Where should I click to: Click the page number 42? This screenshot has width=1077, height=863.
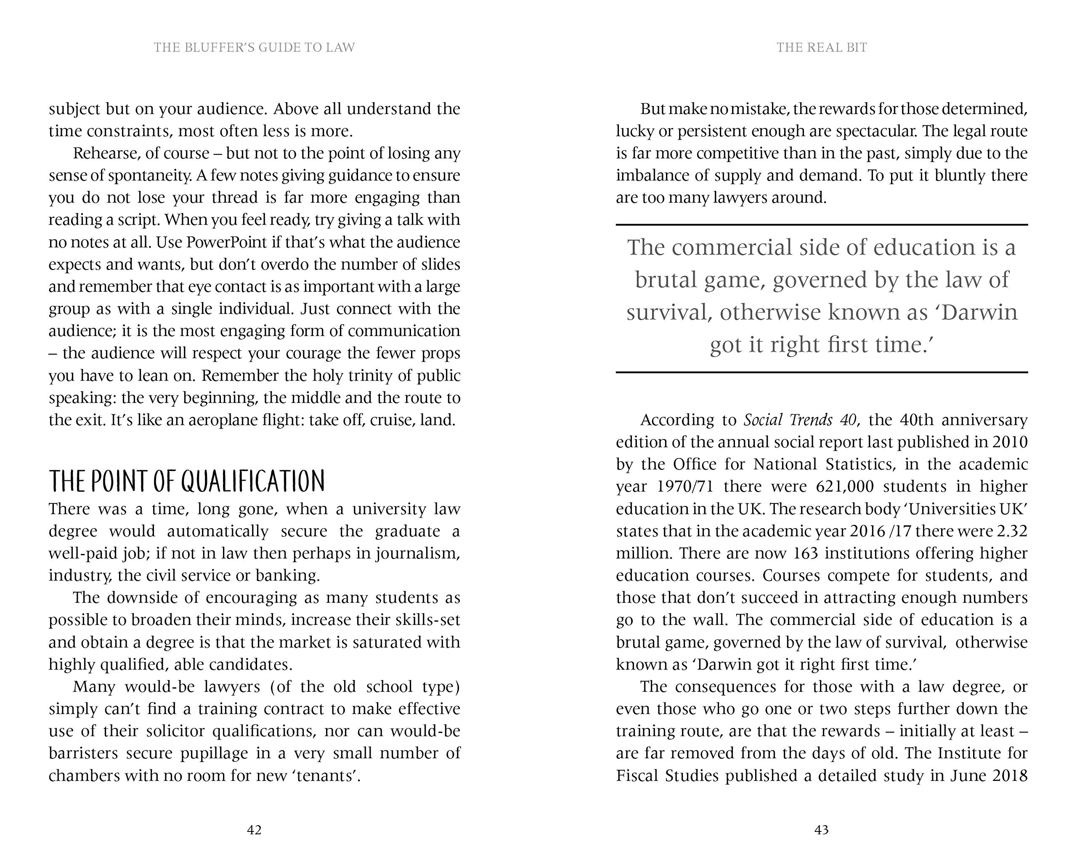pos(254,830)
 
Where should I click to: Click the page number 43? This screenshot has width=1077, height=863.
pos(821,830)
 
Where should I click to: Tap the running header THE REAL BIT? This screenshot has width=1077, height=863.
pos(821,48)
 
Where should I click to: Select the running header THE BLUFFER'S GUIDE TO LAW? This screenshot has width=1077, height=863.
pos(254,48)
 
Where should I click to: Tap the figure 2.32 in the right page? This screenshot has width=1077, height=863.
pos(1011,531)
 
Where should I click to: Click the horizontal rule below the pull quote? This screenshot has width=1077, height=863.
pos(821,373)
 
